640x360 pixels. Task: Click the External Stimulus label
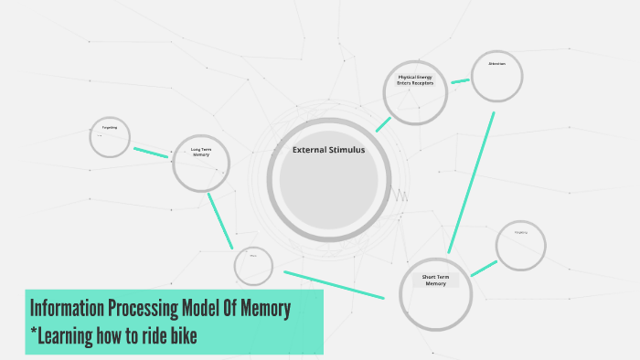(x=328, y=150)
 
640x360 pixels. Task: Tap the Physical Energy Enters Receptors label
(x=414, y=79)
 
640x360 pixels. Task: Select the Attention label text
(x=496, y=63)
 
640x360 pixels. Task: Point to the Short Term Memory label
(x=435, y=280)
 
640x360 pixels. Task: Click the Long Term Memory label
(x=201, y=152)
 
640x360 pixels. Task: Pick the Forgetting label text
(x=110, y=127)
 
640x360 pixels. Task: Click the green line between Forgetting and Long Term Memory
(x=151, y=153)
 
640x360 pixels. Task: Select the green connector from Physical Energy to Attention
(x=460, y=81)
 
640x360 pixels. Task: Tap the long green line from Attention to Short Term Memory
(x=471, y=183)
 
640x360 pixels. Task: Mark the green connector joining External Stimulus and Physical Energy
(x=383, y=124)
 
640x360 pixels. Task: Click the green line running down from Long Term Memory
(x=220, y=220)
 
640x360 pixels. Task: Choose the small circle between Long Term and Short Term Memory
(x=253, y=266)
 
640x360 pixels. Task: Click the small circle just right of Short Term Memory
(x=520, y=245)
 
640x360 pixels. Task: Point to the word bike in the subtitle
(x=182, y=337)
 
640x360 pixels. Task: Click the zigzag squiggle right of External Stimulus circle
(x=400, y=195)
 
